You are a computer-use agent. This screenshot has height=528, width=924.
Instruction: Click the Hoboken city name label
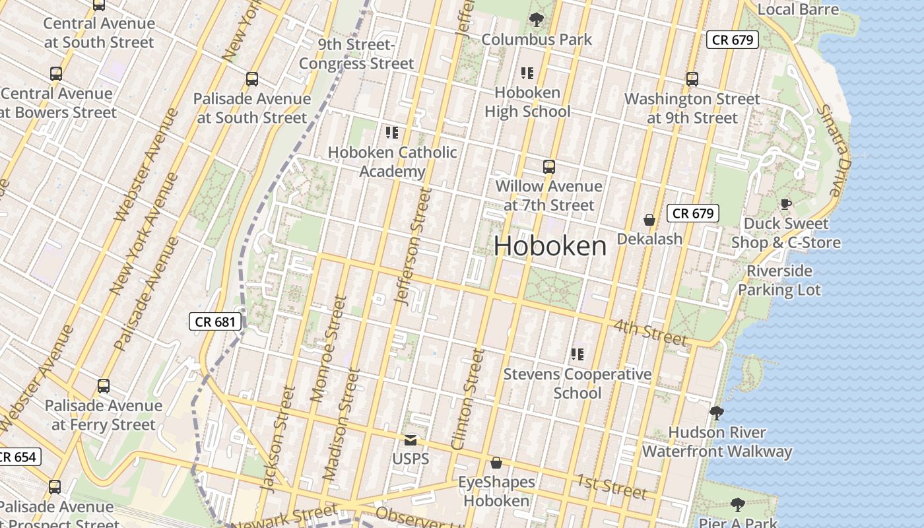tap(550, 246)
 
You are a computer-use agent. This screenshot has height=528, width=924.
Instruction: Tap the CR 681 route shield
tap(216, 322)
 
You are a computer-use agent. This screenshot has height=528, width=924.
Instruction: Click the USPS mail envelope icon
tap(411, 440)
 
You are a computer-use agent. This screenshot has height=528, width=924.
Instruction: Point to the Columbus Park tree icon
tap(537, 20)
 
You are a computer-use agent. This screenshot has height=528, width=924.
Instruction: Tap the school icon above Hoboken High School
tap(527, 73)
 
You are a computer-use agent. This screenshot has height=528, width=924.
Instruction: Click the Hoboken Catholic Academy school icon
tap(392, 133)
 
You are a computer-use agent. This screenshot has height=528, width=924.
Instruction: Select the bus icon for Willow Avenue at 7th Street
tap(549, 167)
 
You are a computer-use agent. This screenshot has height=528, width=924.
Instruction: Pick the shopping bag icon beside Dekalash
tap(649, 220)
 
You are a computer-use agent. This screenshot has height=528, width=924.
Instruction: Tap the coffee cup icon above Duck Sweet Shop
tap(785, 204)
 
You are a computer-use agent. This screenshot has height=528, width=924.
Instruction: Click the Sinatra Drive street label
tap(829, 150)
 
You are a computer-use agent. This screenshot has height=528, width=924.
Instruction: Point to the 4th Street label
tap(651, 332)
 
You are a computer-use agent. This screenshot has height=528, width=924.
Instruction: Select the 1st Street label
tap(612, 486)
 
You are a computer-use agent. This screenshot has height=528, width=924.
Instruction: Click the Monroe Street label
tap(328, 348)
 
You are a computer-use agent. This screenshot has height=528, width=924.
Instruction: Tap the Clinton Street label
tap(468, 399)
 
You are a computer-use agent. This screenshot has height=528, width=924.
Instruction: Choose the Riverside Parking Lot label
tap(779, 280)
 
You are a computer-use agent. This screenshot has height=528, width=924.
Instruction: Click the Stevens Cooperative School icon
tap(577, 354)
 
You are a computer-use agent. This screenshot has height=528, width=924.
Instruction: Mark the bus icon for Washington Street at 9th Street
tap(692, 79)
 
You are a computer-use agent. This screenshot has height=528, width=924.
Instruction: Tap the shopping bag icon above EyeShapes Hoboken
tap(496, 463)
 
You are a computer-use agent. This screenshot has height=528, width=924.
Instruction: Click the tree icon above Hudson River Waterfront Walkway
tap(716, 413)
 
